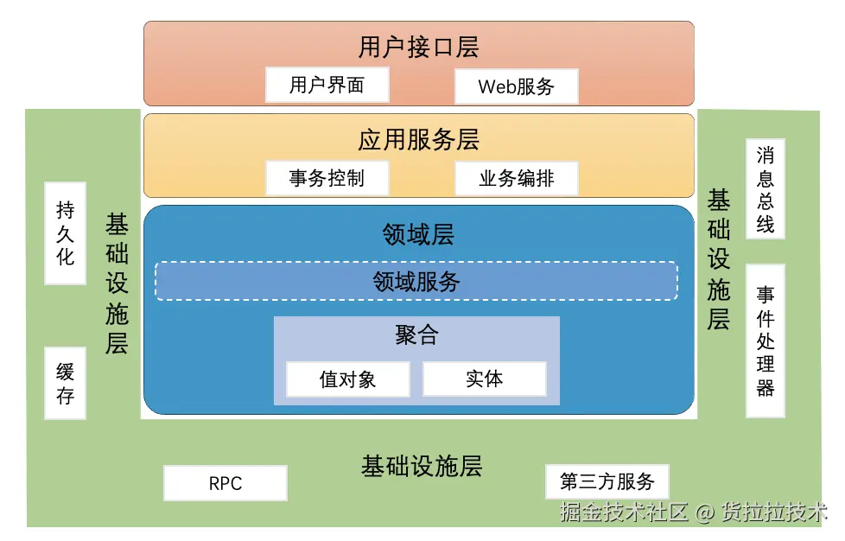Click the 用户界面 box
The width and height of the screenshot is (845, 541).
327,85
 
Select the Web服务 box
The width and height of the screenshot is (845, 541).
516,86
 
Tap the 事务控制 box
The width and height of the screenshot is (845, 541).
327,178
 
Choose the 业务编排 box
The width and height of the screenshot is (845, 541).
516,178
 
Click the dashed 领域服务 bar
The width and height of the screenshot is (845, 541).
416,281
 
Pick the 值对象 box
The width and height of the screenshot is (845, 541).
347,379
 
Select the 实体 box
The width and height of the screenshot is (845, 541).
484,379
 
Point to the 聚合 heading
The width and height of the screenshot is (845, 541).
416,335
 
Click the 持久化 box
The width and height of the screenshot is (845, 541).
66,232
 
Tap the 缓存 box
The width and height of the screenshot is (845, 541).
66,383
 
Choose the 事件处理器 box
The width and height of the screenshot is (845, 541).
766,341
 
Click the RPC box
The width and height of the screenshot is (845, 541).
226,483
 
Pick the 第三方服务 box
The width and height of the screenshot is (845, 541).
607,481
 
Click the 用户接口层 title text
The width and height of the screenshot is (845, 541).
418,46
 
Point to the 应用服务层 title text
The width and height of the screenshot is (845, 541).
418,139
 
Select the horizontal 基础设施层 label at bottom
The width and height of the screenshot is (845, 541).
421,467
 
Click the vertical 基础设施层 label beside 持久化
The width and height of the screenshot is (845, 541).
117,284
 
